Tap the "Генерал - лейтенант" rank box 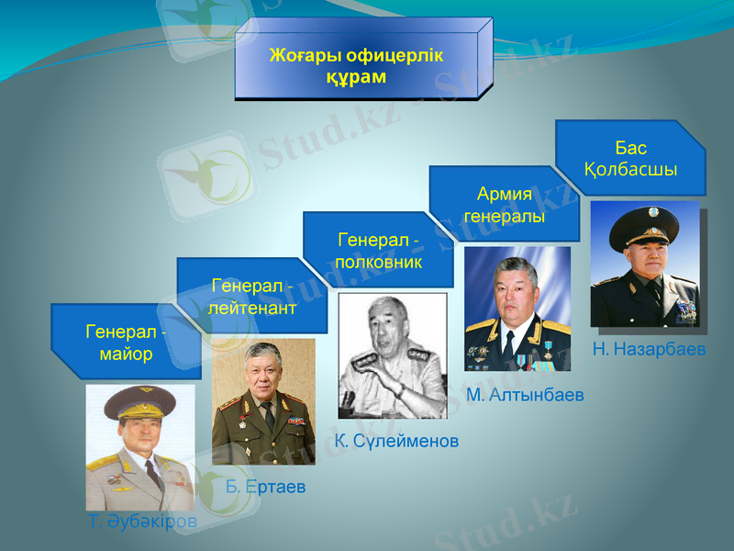click(251, 297)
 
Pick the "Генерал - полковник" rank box click(378, 251)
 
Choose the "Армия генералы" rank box click(504, 205)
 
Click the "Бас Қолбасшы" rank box click(630, 159)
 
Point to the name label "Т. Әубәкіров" click(142, 522)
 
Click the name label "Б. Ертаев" click(265, 486)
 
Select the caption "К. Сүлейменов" click(396, 441)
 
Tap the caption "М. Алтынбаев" click(525, 395)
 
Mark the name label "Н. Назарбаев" click(649, 349)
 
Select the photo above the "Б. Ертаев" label click(263, 402)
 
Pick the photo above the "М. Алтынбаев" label click(517, 309)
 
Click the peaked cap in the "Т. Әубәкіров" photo click(139, 401)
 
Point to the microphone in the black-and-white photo click(349, 400)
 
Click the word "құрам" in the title click(356, 76)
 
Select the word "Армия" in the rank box click(505, 194)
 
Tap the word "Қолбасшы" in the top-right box click(630, 170)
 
